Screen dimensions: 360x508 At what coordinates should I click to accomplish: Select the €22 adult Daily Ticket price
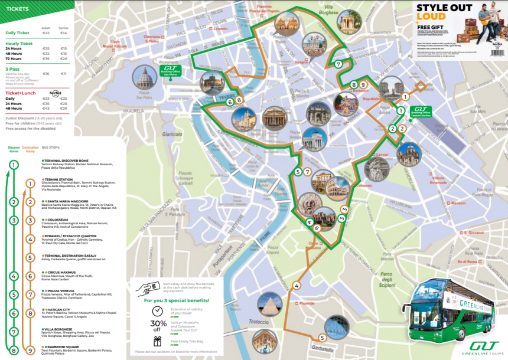coord(45,33)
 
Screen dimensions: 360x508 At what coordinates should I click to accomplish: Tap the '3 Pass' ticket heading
coord(12,68)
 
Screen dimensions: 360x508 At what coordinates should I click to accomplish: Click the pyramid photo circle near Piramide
coord(269,304)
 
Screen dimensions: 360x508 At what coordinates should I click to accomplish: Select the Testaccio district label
coord(258,322)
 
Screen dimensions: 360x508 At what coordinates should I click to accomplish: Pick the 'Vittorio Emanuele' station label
coord(438,180)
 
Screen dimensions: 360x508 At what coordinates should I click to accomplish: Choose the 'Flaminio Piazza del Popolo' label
coord(263,9)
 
